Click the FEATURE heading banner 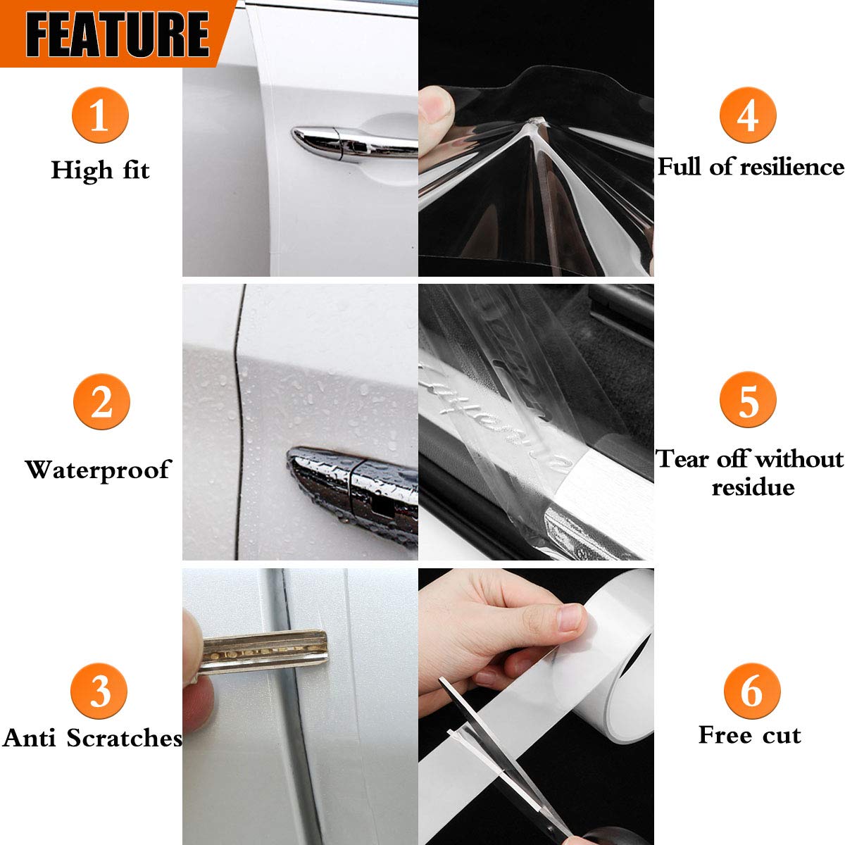(x=116, y=33)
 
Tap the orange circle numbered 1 (x=100, y=115)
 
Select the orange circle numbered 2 (x=102, y=402)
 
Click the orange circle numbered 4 (x=748, y=115)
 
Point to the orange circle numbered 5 (x=748, y=399)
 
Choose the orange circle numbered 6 (x=751, y=690)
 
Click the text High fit (x=100, y=170)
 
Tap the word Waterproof (x=98, y=470)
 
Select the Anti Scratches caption (x=92, y=738)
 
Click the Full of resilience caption (x=750, y=167)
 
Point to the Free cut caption (x=749, y=735)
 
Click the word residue (x=752, y=487)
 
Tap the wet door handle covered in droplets (x=352, y=486)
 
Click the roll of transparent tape (x=620, y=655)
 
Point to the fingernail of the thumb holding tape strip (x=569, y=620)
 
